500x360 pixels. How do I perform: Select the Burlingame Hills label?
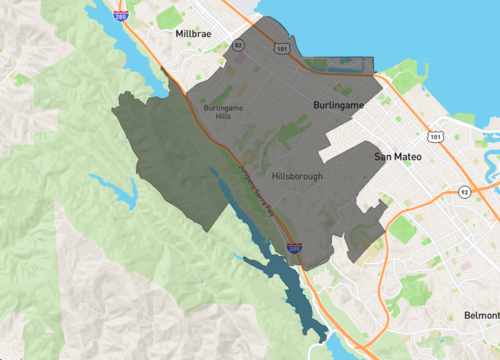(x=223, y=111)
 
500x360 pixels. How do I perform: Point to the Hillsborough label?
(x=296, y=176)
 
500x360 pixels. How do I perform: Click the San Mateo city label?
(x=399, y=157)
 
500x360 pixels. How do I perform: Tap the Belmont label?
(x=482, y=315)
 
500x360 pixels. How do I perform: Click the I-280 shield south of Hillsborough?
(x=293, y=247)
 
